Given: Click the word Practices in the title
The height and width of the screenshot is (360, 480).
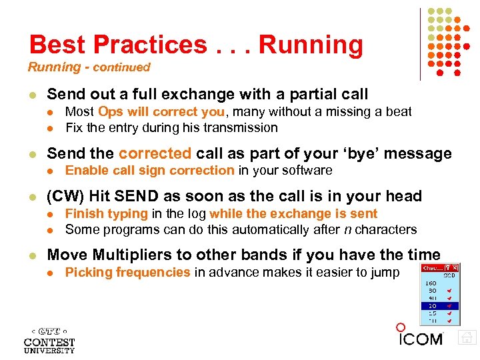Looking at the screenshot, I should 150,45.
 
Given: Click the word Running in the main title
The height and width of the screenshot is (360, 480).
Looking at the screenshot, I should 311,45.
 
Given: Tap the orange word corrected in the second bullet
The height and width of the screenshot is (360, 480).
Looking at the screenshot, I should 154,153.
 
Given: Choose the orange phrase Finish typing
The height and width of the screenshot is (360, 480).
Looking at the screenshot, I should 106,213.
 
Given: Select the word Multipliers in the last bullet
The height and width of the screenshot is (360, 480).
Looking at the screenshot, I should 135,254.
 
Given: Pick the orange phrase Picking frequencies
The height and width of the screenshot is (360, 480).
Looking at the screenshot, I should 127,271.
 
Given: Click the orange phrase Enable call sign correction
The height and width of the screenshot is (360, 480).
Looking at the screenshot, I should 149,170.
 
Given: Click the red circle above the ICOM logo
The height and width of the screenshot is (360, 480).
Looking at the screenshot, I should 400,327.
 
